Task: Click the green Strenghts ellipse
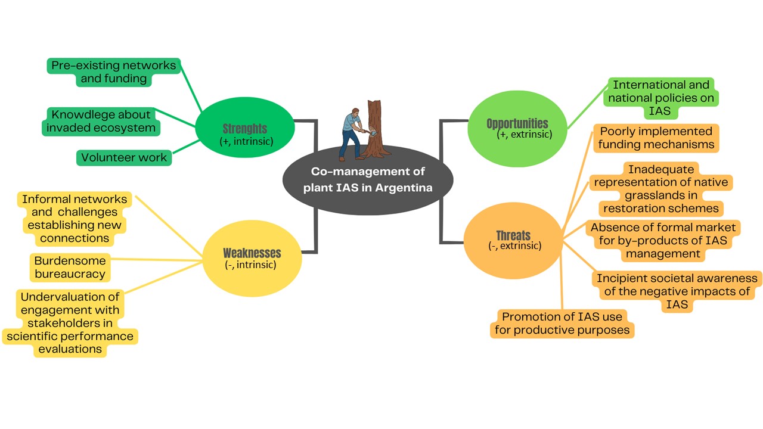pyautogui.click(x=245, y=128)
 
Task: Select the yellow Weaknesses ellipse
pyautogui.click(x=252, y=257)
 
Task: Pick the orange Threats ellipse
pyautogui.click(x=513, y=240)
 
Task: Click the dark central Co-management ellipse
pyautogui.click(x=368, y=180)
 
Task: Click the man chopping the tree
pyautogui.click(x=352, y=133)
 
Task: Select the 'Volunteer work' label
pyautogui.click(x=124, y=158)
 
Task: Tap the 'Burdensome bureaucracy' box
pyautogui.click(x=70, y=268)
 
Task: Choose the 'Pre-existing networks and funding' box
pyautogui.click(x=114, y=72)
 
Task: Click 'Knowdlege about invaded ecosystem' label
pyautogui.click(x=101, y=121)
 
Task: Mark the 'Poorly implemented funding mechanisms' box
pyautogui.click(x=656, y=138)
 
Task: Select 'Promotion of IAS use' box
pyautogui.click(x=562, y=324)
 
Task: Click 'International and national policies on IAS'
pyautogui.click(x=661, y=98)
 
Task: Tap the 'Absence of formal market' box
pyautogui.click(x=662, y=240)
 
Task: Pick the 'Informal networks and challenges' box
pyautogui.click(x=75, y=219)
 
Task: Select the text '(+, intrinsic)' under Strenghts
pyautogui.click(x=246, y=141)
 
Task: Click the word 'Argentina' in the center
pyautogui.click(x=405, y=188)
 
